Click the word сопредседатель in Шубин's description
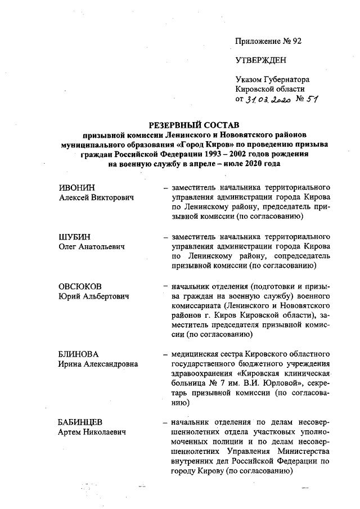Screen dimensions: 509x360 pos(300,256)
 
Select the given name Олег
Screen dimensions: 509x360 pos(68,246)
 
